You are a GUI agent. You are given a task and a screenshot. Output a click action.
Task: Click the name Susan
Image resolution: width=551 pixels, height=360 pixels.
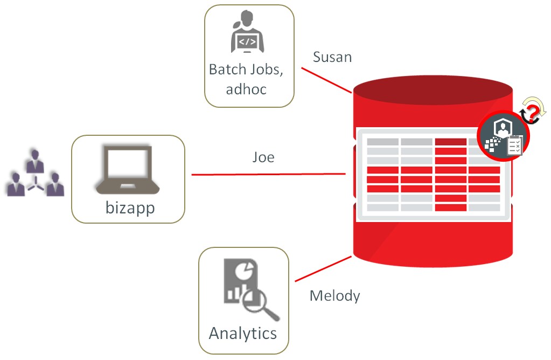[332, 57]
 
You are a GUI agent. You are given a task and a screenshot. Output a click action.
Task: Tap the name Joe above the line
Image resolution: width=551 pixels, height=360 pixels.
[263, 157]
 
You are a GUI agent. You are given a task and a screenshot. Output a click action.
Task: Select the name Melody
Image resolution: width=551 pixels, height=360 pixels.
[335, 295]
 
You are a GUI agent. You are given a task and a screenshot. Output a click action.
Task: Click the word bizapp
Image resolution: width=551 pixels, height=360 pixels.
[130, 207]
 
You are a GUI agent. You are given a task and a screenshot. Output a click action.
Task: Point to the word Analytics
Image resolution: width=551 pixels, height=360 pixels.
[243, 333]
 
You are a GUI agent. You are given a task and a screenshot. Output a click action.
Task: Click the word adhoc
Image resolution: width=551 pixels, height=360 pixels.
[246, 88]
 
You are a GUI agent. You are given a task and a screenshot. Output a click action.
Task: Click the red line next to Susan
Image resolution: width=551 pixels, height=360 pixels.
[326, 80]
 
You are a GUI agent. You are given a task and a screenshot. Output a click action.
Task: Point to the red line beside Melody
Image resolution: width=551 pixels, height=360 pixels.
[323, 268]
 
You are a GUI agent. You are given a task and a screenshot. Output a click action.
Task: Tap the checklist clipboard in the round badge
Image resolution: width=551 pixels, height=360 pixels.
[514, 146]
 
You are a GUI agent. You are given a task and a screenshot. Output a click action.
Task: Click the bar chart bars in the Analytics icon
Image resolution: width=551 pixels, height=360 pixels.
[234, 294]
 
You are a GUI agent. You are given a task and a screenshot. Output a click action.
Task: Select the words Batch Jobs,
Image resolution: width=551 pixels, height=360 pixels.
[246, 70]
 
